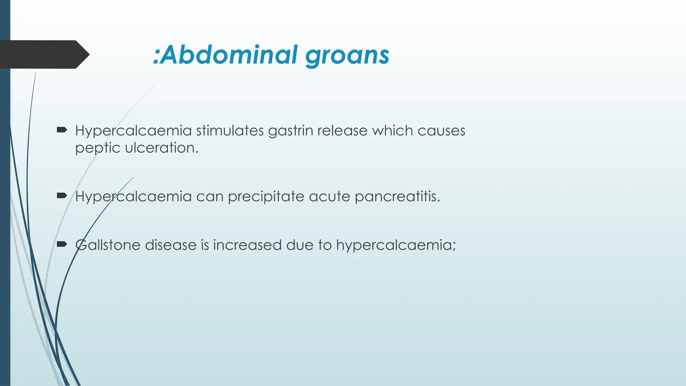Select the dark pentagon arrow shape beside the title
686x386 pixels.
[x=44, y=54]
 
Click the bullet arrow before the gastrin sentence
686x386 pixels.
[x=62, y=130]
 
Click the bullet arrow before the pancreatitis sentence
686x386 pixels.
[x=62, y=196]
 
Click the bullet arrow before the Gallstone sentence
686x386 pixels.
[x=62, y=244]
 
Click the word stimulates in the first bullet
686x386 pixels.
[x=230, y=130]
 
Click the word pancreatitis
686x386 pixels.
[x=397, y=196]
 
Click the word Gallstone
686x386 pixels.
[x=108, y=245]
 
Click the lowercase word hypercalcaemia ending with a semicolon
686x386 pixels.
[x=396, y=245]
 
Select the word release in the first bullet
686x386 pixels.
[x=342, y=130]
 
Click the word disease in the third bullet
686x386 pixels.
[x=170, y=245]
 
